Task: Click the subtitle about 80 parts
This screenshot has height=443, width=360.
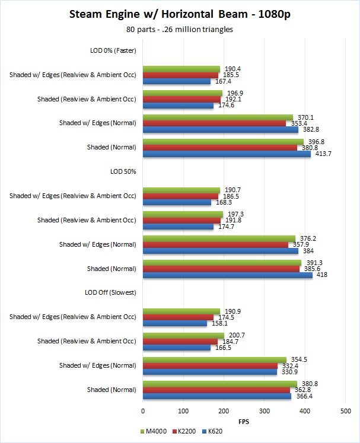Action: point(179,29)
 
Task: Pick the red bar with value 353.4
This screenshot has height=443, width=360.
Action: point(214,123)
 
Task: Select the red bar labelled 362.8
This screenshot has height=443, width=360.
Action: point(216,390)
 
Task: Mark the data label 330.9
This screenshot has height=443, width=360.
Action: point(287,372)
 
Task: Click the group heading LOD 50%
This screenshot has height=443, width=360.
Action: point(123,171)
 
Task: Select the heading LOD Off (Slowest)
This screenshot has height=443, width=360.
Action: point(111,292)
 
